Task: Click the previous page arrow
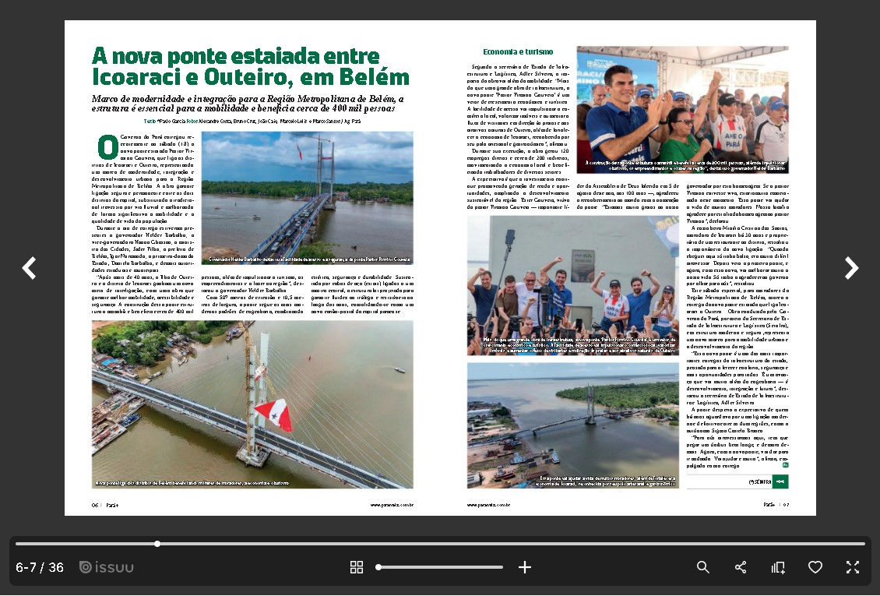[x=29, y=268]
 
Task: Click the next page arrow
[x=851, y=268]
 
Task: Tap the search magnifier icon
[x=702, y=567]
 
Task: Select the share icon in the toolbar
[x=741, y=567]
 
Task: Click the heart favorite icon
[x=815, y=567]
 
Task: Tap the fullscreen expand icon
[x=853, y=567]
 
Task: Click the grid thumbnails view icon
[x=357, y=567]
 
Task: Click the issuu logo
[x=107, y=567]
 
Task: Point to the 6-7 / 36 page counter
[x=40, y=567]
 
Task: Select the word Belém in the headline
[x=379, y=77]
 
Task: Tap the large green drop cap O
[x=107, y=146]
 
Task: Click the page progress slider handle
[x=157, y=544]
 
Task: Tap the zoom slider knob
[x=378, y=567]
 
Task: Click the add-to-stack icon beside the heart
[x=778, y=567]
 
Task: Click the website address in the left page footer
[x=391, y=504]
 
